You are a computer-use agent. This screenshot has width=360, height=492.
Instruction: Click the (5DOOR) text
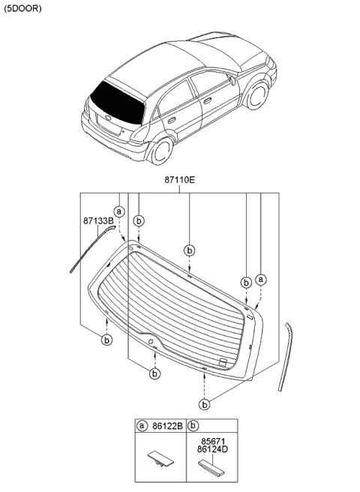coord(22,9)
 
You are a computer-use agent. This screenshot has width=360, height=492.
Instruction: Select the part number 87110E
coord(180,181)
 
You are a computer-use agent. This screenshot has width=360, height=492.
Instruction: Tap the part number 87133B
coord(97,221)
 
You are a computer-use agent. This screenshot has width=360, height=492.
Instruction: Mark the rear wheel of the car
coord(160,151)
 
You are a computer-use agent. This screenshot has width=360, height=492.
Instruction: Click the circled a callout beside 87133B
coord(118,212)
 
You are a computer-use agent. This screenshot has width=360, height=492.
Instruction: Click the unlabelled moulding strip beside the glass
coord(286,356)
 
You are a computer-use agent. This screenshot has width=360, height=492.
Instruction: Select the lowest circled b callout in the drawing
coord(204,404)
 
